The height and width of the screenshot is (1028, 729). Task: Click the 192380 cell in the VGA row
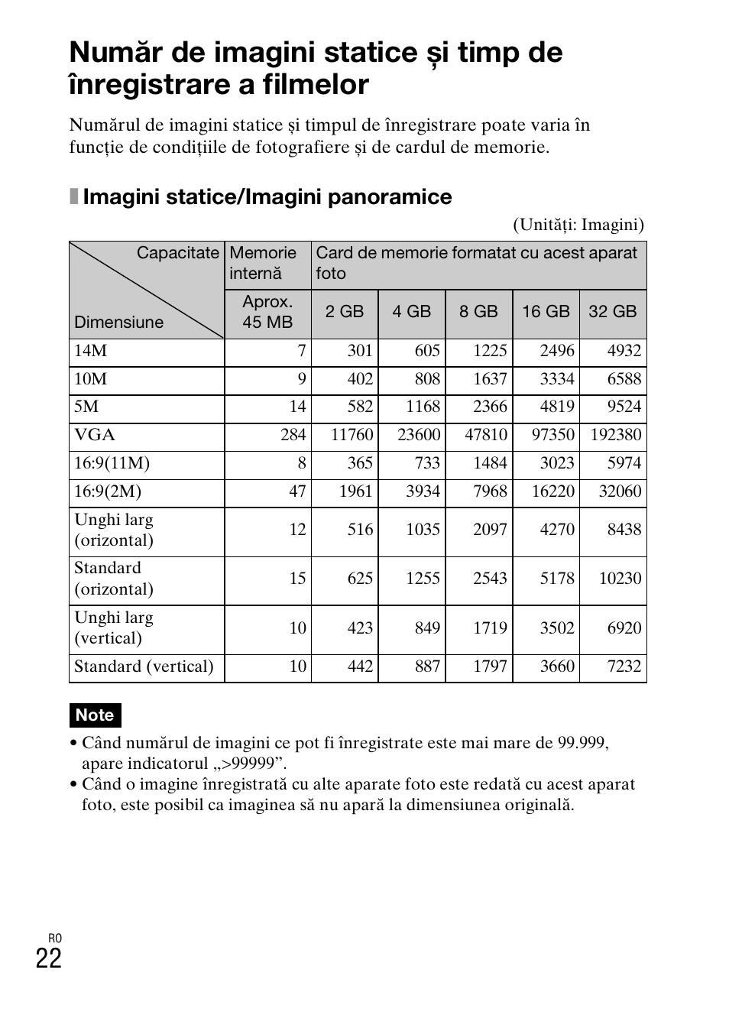click(616, 435)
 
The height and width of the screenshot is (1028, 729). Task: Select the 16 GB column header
click(546, 312)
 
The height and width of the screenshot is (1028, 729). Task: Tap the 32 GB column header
click(612, 312)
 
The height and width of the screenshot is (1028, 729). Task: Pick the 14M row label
click(90, 351)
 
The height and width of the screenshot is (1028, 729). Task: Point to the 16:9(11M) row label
click(112, 463)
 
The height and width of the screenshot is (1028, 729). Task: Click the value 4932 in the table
click(624, 351)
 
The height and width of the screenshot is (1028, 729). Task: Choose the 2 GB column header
click(345, 312)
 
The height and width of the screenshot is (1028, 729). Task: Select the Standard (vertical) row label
click(144, 666)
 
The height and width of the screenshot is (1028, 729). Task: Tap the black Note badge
click(95, 715)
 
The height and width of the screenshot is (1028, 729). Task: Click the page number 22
click(49, 958)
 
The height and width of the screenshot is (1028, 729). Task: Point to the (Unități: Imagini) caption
click(578, 225)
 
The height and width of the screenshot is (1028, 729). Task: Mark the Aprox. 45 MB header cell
click(267, 312)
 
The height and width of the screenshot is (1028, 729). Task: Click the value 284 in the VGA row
click(293, 435)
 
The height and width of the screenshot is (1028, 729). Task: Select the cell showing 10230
click(620, 579)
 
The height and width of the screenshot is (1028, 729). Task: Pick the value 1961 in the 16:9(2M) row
click(355, 491)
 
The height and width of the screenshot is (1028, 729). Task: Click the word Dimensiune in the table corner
click(118, 323)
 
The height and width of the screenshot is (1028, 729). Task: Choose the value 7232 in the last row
click(624, 666)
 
